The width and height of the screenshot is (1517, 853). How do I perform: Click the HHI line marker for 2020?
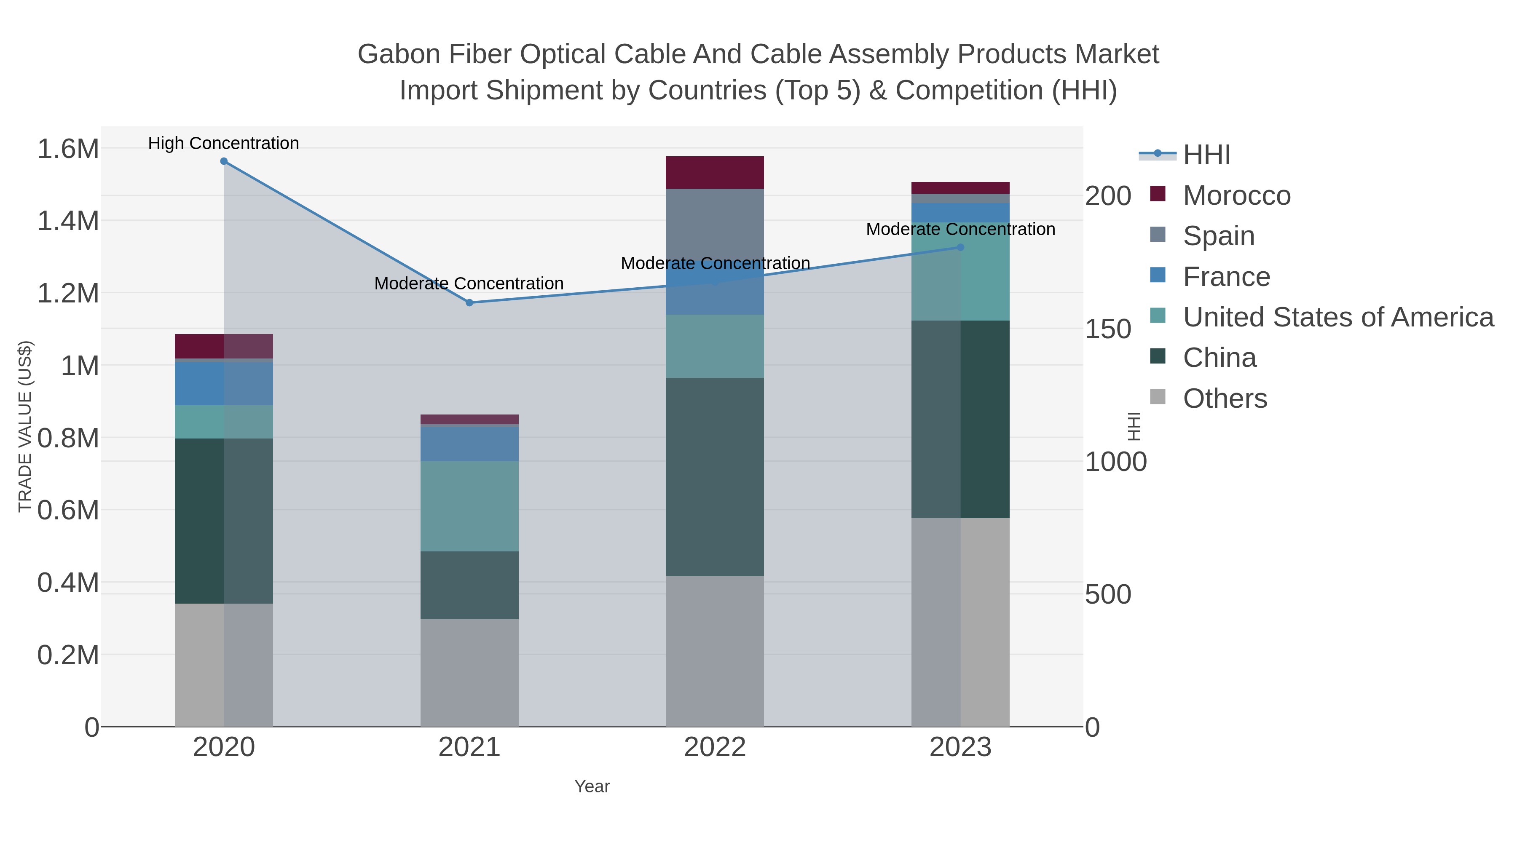click(224, 161)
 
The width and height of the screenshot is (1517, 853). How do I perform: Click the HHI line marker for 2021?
click(469, 302)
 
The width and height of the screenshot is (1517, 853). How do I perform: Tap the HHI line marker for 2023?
click(960, 247)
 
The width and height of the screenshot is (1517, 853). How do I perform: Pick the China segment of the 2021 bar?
click(469, 585)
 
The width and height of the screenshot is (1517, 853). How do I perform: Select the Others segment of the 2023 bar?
click(960, 622)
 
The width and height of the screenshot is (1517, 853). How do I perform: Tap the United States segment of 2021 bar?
click(469, 506)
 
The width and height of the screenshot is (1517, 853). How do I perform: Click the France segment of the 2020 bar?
click(224, 383)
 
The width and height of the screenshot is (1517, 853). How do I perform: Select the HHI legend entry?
click(1206, 155)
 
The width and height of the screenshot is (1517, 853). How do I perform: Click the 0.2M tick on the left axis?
click(68, 655)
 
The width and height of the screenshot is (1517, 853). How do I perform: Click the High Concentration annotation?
click(224, 144)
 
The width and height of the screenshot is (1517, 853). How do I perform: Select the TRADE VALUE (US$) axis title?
click(25, 426)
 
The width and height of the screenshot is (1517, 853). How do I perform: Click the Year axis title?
click(592, 786)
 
